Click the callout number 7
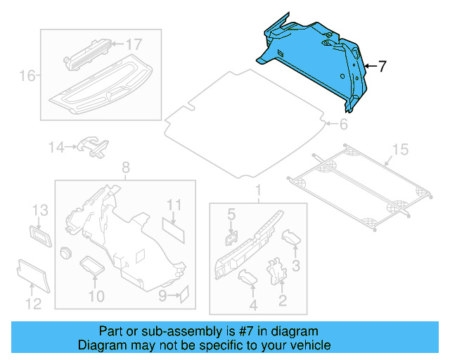(x=382, y=67)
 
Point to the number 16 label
(x=27, y=75)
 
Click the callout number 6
(x=343, y=125)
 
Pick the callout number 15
(x=399, y=149)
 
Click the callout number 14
(x=56, y=147)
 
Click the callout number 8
(x=126, y=167)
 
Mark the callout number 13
(x=39, y=210)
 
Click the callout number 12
(x=34, y=304)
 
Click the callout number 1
(x=257, y=191)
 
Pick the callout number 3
(x=296, y=265)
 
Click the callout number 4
(x=253, y=305)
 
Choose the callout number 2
(x=283, y=302)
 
